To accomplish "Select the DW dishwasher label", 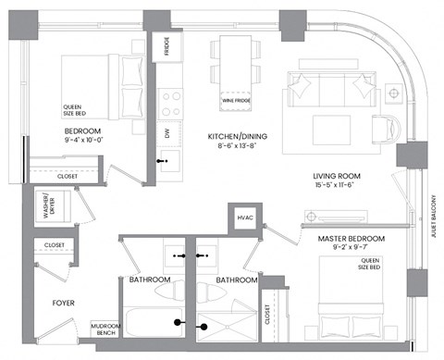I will click(x=167, y=133).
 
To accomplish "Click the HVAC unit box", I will click(x=245, y=217).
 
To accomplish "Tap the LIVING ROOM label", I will click(x=336, y=176).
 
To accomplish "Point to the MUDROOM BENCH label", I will click(x=103, y=330).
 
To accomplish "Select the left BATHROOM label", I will click(x=150, y=279).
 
